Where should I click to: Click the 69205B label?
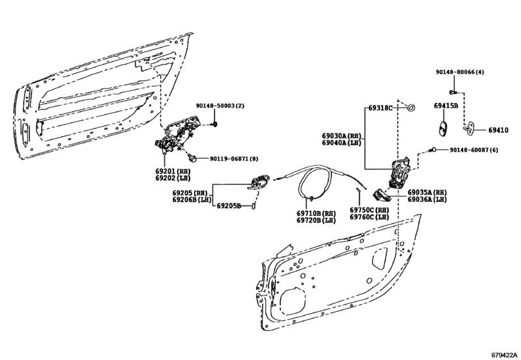click(x=228, y=206)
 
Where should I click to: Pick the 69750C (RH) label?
click(x=369, y=210)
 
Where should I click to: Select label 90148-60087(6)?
click(x=474, y=150)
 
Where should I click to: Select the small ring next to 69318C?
click(x=412, y=107)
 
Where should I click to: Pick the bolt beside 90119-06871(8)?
click(x=193, y=157)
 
